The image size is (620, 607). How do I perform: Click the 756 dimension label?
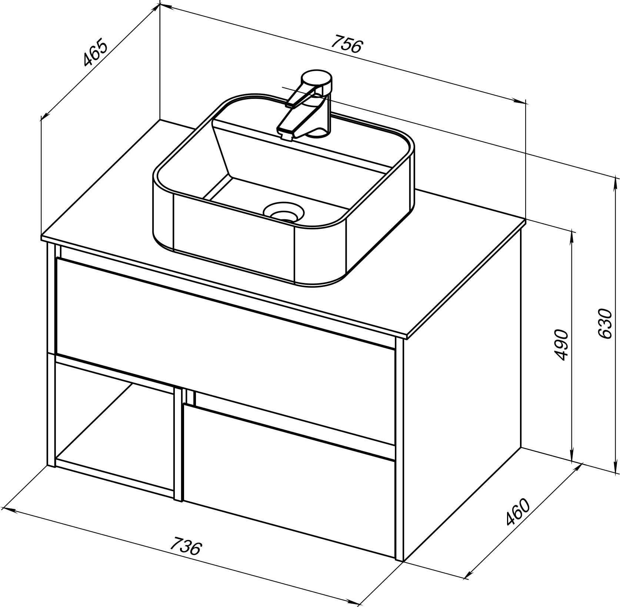pyautogui.click(x=347, y=44)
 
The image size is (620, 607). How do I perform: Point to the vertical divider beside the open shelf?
pyautogui.click(x=179, y=444)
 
